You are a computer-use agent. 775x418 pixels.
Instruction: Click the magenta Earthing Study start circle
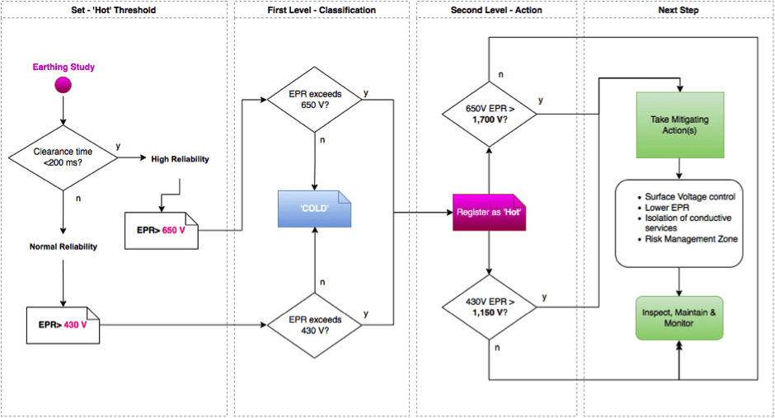pos(63,85)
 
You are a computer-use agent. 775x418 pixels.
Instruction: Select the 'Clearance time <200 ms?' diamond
pos(63,157)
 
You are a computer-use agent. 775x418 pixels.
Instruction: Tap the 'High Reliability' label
pos(180,159)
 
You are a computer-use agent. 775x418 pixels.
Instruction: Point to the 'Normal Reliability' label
pos(63,247)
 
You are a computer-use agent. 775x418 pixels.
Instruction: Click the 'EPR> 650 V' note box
pos(161,231)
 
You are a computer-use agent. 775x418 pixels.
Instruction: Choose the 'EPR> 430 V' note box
pos(63,325)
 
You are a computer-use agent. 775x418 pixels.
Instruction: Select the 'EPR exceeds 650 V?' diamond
pos(315,100)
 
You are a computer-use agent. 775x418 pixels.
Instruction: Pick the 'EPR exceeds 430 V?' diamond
pos(315,325)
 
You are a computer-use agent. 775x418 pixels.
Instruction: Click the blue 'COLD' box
pos(314,209)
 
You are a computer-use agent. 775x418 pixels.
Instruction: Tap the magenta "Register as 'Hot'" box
pos(489,213)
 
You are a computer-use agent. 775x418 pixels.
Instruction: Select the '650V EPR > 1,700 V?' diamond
pos(489,114)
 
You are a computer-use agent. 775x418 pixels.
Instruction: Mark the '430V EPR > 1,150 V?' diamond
pos(489,308)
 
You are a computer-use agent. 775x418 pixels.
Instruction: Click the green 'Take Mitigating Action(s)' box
pos(679,125)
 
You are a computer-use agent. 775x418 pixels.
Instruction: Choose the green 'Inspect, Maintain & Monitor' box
pos(679,318)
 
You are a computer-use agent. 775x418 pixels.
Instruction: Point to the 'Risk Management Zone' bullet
pos(691,239)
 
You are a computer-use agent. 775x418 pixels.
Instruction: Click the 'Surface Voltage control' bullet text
pos(690,197)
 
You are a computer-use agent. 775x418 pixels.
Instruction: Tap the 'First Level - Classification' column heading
pos(322,10)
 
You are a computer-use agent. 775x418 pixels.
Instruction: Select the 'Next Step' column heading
pos(678,10)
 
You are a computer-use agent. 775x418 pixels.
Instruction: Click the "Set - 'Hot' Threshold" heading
pos(114,10)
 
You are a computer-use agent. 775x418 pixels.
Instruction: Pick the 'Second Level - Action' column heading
pos(496,10)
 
